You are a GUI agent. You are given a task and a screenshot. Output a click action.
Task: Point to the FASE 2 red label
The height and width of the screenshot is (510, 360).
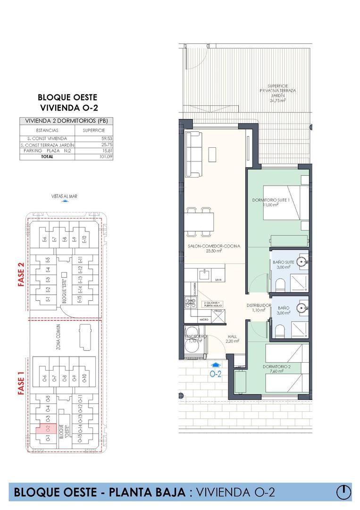(21, 274)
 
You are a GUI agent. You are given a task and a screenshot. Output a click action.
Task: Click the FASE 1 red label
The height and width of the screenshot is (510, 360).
(21, 385)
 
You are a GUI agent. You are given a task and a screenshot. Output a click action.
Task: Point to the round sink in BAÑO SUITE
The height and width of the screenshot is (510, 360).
(302, 261)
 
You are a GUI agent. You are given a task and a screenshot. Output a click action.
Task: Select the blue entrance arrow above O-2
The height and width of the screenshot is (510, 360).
(216, 365)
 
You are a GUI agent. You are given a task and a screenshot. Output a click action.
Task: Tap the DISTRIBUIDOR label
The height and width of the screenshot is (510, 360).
(259, 306)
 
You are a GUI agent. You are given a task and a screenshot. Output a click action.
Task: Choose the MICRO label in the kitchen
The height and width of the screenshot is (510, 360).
(204, 320)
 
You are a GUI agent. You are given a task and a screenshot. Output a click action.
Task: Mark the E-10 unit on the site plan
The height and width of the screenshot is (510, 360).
(84, 239)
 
